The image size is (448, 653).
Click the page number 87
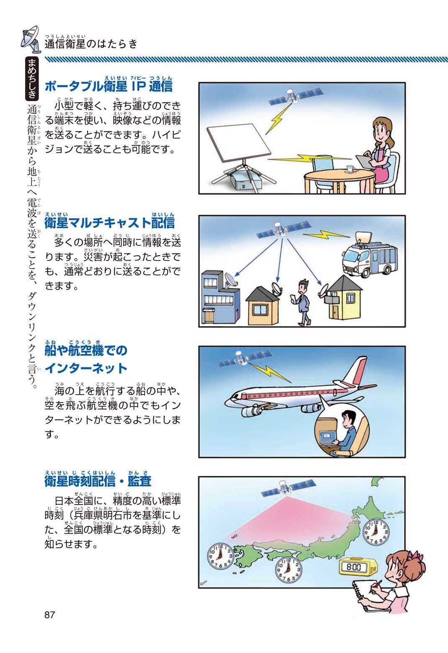[50, 614]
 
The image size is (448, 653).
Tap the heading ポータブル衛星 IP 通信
[108, 86]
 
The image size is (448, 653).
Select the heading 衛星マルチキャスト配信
[110, 222]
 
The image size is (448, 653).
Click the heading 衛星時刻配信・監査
[98, 481]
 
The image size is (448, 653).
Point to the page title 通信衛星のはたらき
[91, 44]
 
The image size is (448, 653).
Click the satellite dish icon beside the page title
[31, 40]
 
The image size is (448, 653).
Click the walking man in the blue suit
[302, 302]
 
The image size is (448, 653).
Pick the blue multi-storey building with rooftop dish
[219, 297]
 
